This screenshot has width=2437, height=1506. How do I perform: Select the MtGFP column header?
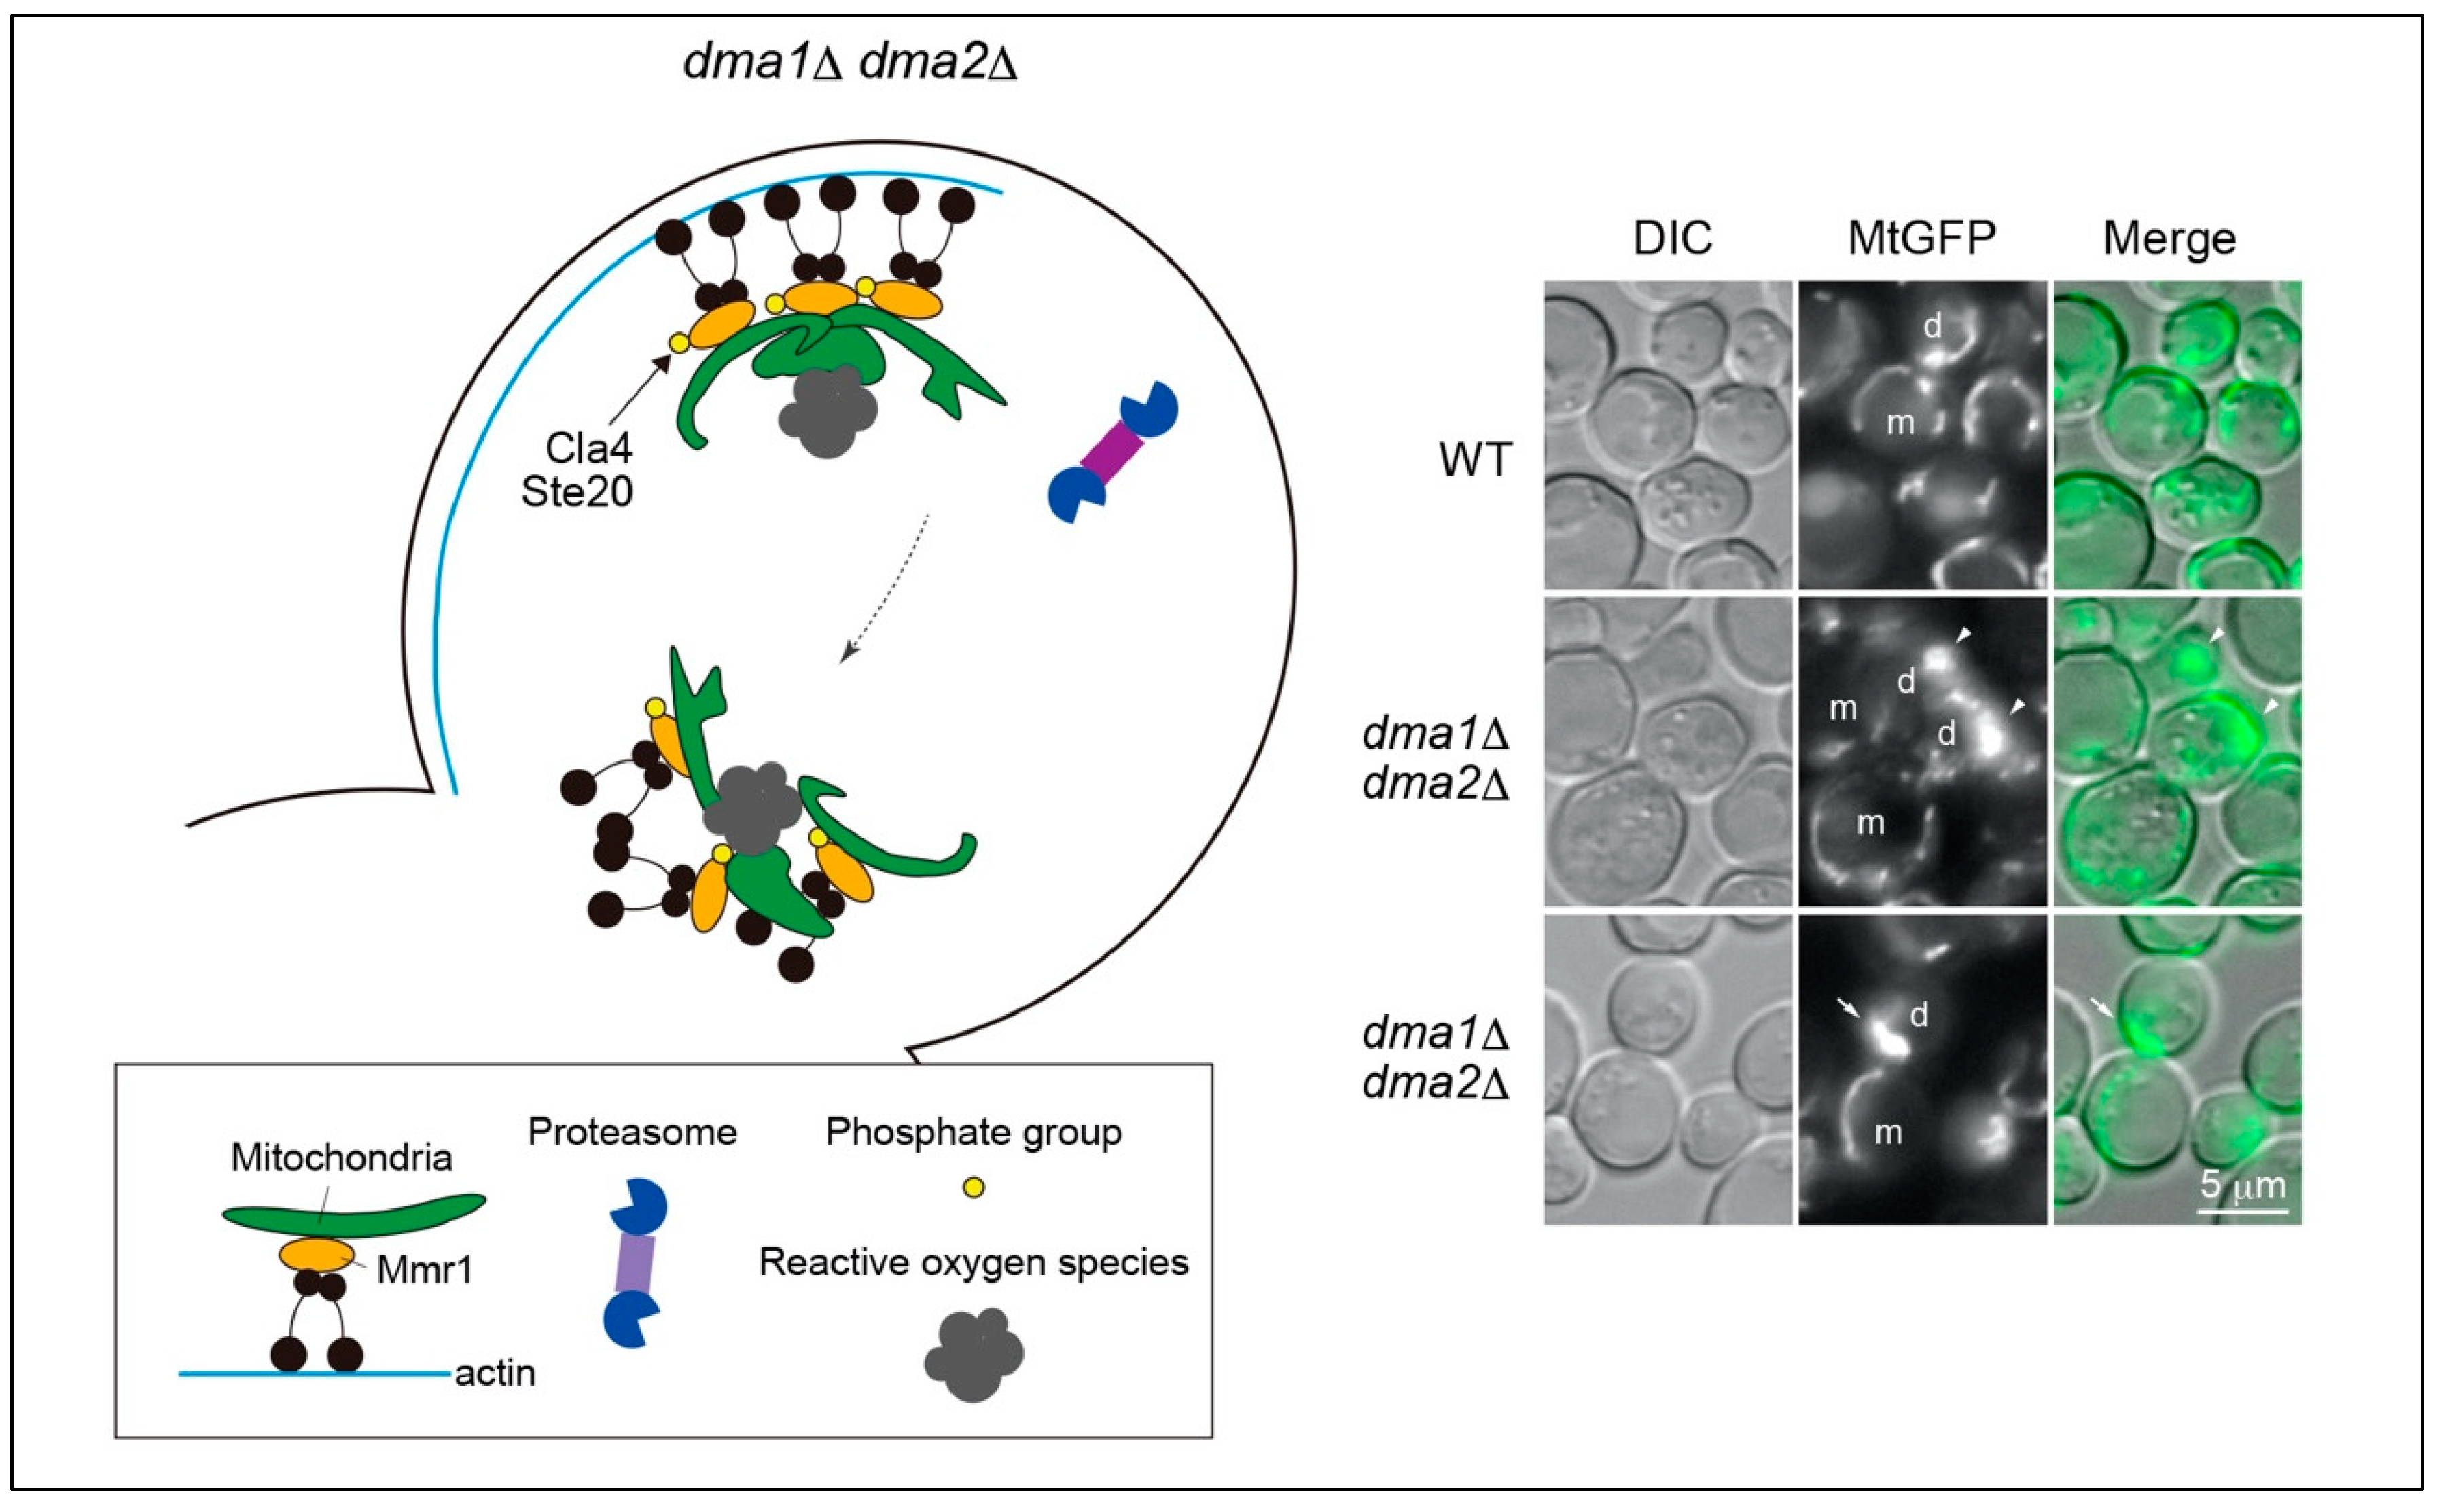(x=1921, y=238)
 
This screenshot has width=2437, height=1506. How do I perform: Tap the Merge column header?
(x=2169, y=238)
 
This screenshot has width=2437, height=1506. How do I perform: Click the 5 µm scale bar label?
(x=2243, y=1185)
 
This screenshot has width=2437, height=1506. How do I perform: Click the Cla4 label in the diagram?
(x=588, y=448)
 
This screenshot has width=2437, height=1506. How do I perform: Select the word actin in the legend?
(x=495, y=1374)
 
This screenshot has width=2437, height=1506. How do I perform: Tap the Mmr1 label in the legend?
(x=425, y=1270)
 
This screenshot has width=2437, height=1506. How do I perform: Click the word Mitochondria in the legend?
(x=342, y=1158)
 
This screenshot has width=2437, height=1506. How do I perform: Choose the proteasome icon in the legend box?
(x=635, y=1263)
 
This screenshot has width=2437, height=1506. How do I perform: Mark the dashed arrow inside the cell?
(x=887, y=588)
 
